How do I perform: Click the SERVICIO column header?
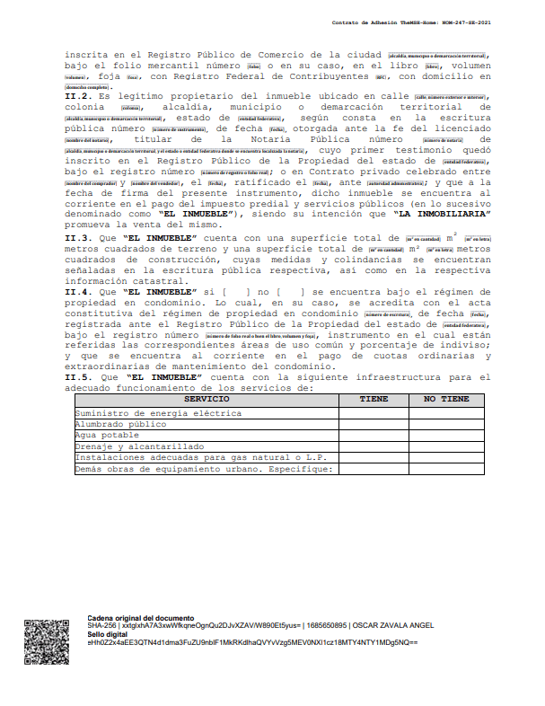(207, 398)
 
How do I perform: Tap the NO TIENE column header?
(446, 398)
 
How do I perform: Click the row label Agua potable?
(107, 435)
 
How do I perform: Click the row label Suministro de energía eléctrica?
(158, 412)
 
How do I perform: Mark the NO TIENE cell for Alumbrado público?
(446, 423)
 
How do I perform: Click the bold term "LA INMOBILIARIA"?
(441, 215)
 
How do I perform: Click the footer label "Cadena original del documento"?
(140, 618)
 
